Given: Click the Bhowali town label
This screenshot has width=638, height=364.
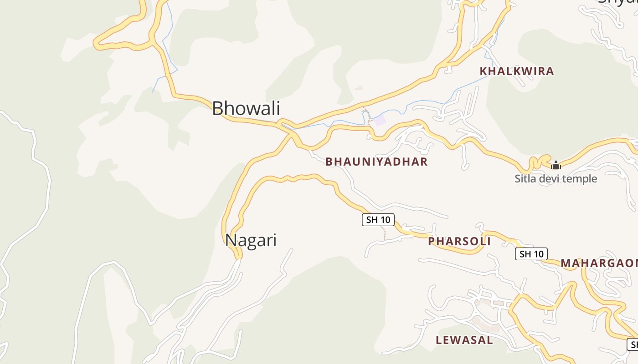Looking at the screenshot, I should click(246, 109).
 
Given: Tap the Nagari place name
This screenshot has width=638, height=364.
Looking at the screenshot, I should click(251, 240).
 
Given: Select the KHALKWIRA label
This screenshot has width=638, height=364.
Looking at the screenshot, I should click(516, 71).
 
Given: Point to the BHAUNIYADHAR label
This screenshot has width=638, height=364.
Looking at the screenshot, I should click(376, 162).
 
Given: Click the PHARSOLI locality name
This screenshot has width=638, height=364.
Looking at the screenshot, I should click(459, 241).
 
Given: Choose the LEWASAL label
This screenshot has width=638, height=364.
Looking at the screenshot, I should click(464, 340).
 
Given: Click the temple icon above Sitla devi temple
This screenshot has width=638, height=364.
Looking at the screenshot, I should click(556, 165).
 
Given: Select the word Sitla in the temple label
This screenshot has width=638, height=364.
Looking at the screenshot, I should click(525, 179).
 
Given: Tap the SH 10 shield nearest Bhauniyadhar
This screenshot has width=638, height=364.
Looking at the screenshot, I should click(378, 220).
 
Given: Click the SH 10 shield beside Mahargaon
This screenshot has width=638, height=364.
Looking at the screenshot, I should click(531, 254).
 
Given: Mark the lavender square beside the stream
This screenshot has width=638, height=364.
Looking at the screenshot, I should click(379, 121).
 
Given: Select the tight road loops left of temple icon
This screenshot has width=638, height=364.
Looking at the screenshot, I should click(538, 162).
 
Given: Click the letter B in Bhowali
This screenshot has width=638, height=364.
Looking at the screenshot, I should click(218, 109).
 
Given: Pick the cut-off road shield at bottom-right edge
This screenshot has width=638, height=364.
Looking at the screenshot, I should click(633, 344).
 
